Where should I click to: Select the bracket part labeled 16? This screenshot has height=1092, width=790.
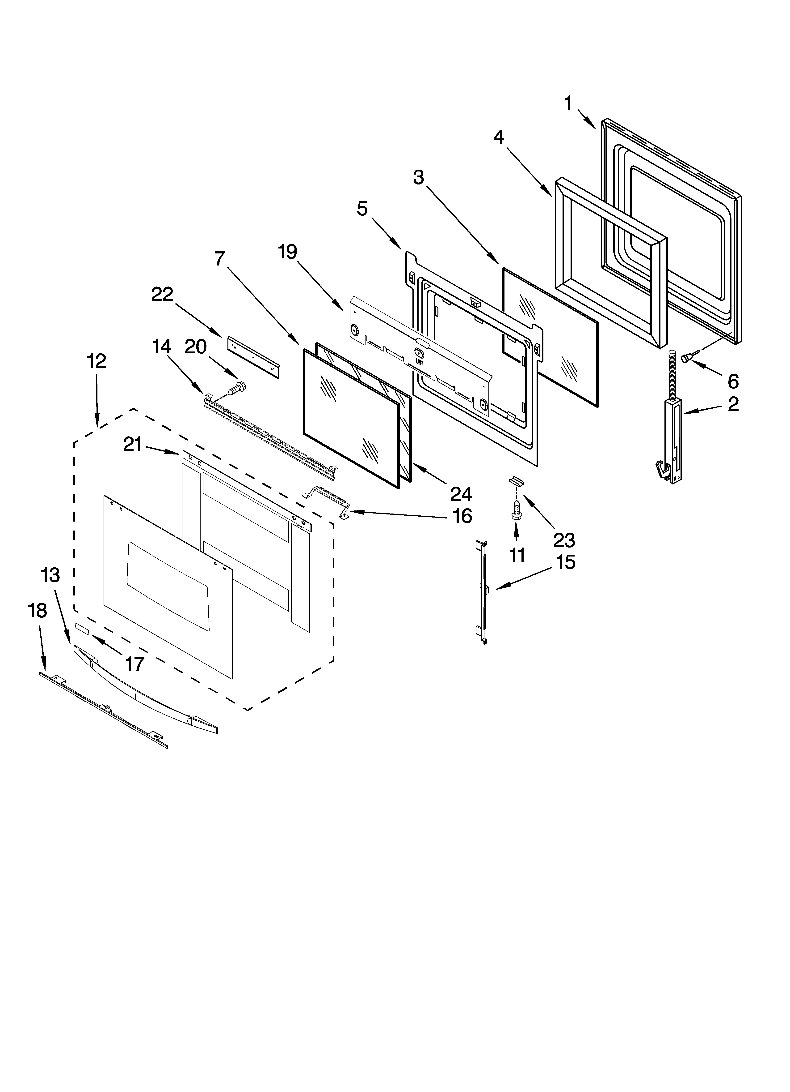tap(326, 498)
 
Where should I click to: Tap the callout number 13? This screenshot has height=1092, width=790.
tap(50, 575)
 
